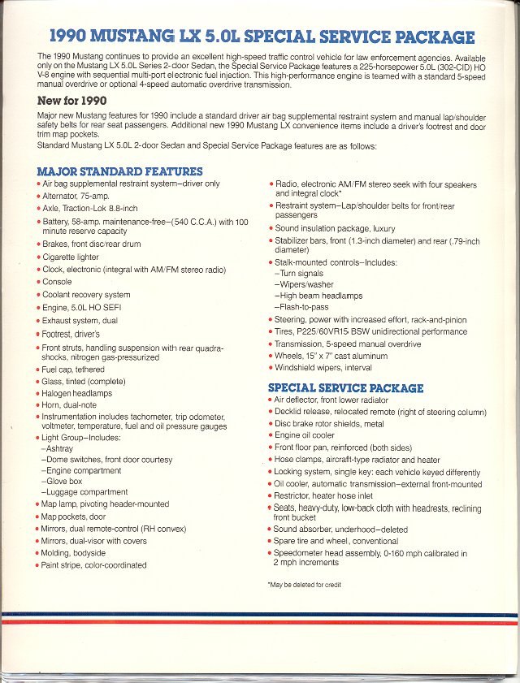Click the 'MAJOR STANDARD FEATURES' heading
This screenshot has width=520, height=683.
click(x=119, y=171)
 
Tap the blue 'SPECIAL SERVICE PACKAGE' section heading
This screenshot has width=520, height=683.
click(x=345, y=388)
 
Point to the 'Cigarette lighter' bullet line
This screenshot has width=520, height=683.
click(x=71, y=257)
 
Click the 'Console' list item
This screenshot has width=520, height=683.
click(x=58, y=282)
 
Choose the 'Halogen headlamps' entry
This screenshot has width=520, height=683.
click(x=77, y=393)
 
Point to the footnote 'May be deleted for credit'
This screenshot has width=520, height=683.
click(x=305, y=585)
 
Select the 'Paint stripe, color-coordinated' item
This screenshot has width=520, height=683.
click(x=93, y=565)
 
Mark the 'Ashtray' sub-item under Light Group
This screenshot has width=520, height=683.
click(x=60, y=447)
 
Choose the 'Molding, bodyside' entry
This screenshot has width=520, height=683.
click(x=76, y=553)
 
